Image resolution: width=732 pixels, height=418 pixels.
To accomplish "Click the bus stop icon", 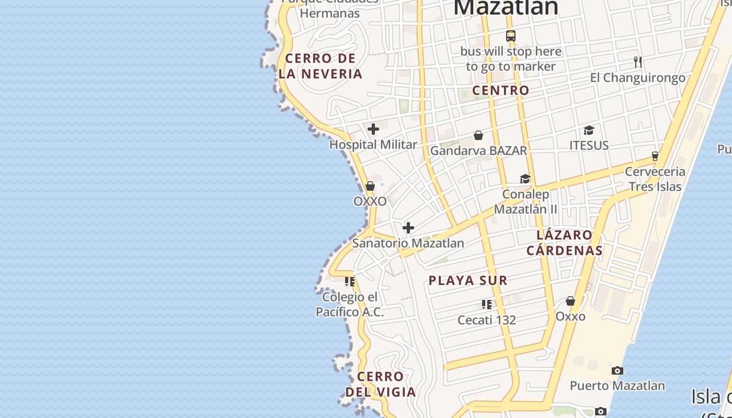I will (511, 36).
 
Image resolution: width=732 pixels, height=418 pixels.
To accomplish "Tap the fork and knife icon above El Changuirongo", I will (637, 62).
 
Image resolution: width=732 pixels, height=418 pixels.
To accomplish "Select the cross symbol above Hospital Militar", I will (373, 129).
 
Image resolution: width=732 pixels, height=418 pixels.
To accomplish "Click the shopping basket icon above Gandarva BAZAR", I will (478, 135).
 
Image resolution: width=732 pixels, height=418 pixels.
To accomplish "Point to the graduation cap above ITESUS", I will (589, 130).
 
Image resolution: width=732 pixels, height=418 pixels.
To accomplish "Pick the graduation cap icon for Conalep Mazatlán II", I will (525, 179).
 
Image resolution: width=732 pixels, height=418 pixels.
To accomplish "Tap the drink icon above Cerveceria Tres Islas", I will (655, 156).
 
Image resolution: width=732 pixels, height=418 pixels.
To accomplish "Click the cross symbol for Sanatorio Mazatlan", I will (408, 228).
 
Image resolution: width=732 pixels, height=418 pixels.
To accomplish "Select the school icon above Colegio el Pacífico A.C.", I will (350, 282).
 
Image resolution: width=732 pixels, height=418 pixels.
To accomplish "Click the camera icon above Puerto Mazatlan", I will (617, 370).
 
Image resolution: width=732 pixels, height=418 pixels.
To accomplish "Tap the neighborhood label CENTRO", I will (501, 90).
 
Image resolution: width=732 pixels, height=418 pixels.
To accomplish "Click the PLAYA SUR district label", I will (468, 281).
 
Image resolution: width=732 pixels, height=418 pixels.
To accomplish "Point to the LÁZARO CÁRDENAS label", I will (565, 242).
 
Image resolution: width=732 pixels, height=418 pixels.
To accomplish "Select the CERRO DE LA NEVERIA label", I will (321, 66).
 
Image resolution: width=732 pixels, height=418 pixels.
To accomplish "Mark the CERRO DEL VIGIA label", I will (381, 384).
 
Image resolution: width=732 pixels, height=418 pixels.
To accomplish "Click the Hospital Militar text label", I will (373, 145).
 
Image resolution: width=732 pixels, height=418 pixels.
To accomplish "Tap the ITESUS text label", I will (589, 145).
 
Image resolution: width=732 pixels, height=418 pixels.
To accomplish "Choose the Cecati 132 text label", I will (487, 320).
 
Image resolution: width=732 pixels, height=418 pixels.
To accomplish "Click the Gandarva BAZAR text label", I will (478, 150).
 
